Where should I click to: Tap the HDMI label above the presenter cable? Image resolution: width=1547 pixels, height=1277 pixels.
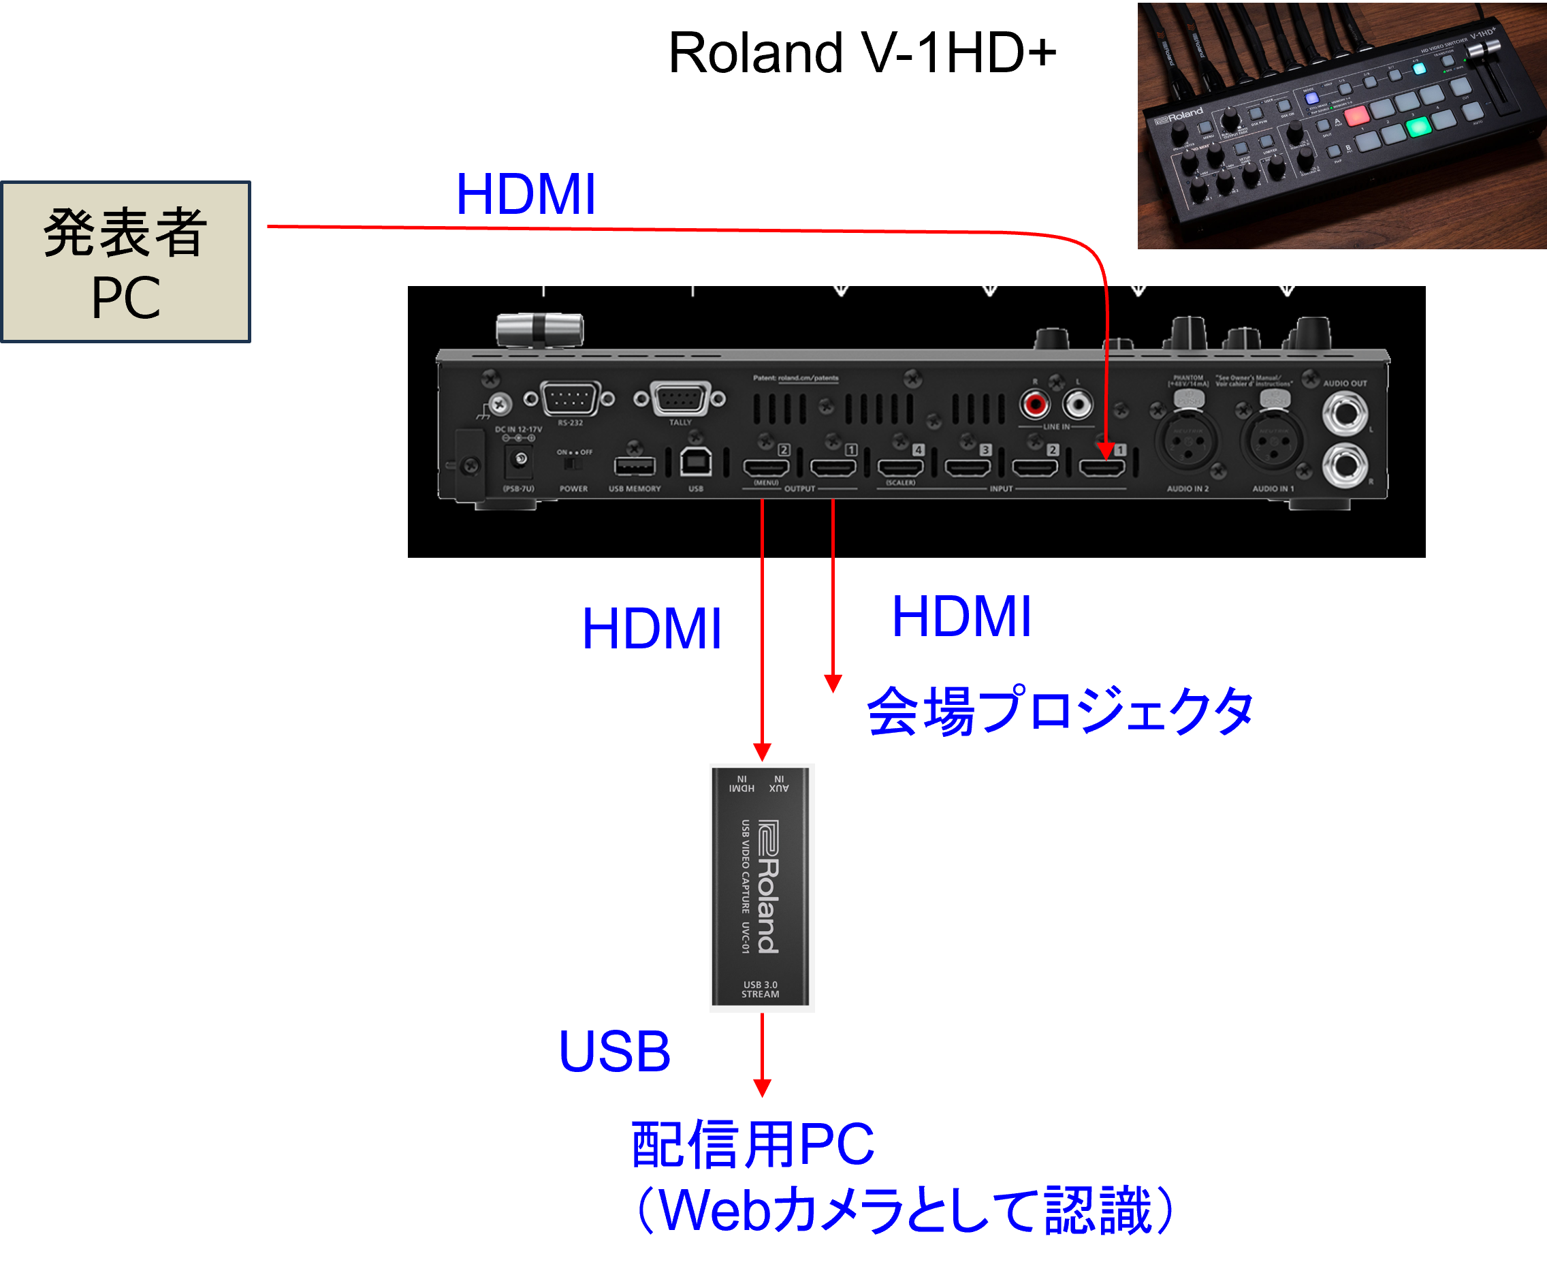click(525, 195)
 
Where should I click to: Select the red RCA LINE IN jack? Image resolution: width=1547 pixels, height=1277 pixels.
click(1035, 404)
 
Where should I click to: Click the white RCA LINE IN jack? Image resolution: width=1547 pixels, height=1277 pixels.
click(1078, 404)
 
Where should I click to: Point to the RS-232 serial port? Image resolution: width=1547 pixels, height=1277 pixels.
click(569, 398)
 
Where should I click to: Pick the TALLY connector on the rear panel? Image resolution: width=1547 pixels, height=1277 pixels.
click(680, 398)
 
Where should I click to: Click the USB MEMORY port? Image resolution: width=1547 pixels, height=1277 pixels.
click(635, 466)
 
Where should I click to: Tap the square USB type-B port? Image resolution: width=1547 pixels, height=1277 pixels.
click(696, 462)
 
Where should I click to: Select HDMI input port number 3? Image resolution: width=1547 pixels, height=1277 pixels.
click(968, 466)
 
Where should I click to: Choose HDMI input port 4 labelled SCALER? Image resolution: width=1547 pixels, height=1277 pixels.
click(900, 466)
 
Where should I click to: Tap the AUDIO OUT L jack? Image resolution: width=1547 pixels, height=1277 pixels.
click(1345, 413)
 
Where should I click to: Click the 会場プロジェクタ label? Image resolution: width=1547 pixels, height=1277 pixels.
click(1059, 710)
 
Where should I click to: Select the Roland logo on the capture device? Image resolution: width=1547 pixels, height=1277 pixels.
click(768, 886)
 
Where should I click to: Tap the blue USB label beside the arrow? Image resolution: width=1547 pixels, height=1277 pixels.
click(615, 1051)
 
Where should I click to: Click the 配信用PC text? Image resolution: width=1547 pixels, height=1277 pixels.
click(752, 1145)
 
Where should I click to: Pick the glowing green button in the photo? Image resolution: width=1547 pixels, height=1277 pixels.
click(1418, 127)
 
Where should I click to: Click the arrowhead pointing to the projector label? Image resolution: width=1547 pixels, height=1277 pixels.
click(832, 683)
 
